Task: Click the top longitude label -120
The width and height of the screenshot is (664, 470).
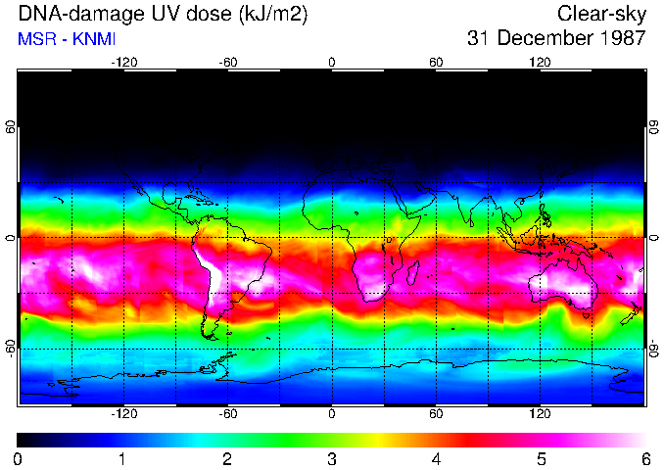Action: [123, 62]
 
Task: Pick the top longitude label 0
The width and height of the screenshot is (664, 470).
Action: [332, 62]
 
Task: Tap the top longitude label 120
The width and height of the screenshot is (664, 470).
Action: [541, 62]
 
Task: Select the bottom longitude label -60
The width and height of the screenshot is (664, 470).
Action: [228, 413]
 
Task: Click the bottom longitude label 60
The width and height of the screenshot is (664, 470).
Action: [436, 413]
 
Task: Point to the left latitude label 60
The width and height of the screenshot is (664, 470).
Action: [10, 127]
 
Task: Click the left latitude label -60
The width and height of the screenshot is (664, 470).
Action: [10, 347]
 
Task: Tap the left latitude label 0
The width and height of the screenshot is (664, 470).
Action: [10, 237]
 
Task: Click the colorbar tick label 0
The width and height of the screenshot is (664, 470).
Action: [19, 458]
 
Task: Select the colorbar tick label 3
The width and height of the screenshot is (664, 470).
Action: [331, 458]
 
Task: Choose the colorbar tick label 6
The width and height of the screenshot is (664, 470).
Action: [644, 458]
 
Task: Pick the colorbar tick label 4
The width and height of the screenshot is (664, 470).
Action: [436, 458]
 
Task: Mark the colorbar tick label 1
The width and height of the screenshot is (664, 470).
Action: [122, 458]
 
